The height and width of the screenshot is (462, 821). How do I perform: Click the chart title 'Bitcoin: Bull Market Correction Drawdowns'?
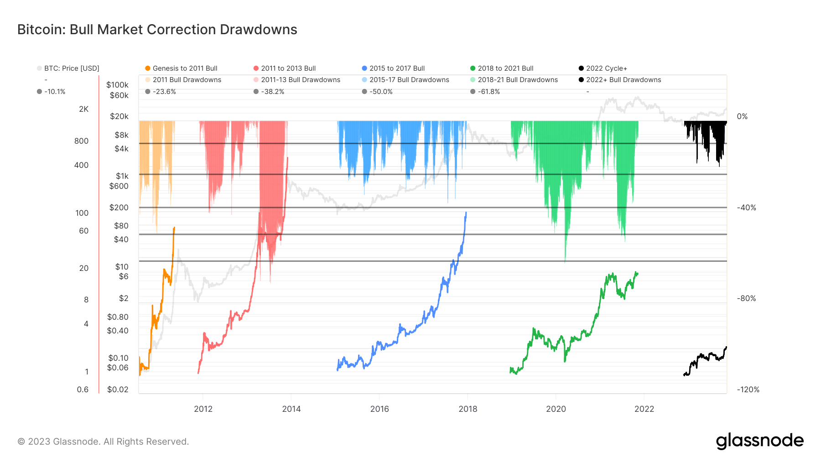[x=157, y=30]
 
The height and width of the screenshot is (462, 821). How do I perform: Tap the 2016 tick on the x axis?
[x=379, y=409]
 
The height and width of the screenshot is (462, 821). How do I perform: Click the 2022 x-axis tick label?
[x=644, y=409]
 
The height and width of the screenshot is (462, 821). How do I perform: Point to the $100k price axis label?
[x=117, y=85]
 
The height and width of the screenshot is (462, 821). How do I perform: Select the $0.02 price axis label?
[x=118, y=389]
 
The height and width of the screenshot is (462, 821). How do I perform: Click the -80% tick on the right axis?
[x=746, y=298]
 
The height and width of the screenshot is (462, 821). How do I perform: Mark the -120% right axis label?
[x=748, y=389]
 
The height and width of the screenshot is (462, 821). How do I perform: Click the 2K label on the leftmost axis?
[x=83, y=109]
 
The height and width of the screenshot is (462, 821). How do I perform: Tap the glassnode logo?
[x=759, y=441]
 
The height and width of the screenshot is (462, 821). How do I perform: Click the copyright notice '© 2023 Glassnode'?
[x=103, y=441]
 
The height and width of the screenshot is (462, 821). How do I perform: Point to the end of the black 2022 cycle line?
[x=726, y=347]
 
